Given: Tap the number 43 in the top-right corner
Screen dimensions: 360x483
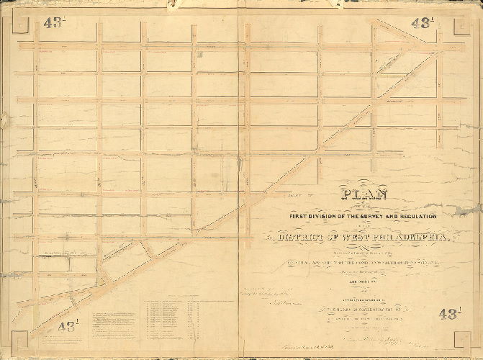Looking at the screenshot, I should click(422, 22).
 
